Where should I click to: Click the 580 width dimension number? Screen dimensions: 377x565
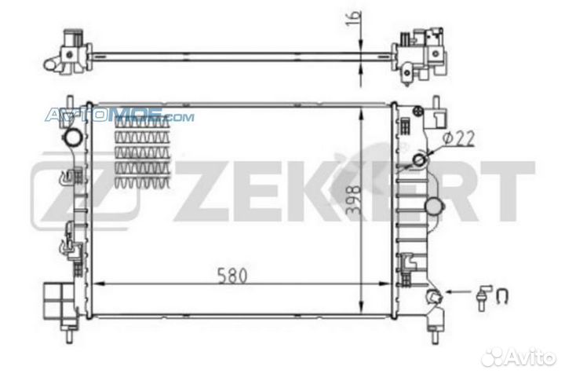coord(234,276)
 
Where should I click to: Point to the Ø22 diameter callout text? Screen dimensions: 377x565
coord(457,140)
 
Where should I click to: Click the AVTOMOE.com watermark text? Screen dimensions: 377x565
coord(118,117)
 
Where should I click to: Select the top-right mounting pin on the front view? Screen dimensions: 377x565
coord(434,102)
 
